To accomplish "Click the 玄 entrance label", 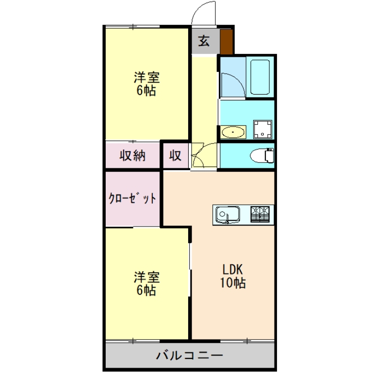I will [204, 42].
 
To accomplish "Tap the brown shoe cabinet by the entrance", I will [226, 42].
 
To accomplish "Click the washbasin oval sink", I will [234, 131].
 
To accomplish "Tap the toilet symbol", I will [263, 155].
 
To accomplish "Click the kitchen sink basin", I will [227, 214].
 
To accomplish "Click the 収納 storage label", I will [132, 156].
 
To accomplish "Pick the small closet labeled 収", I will [175, 156].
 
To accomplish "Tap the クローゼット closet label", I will [132, 198].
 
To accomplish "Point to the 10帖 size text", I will [234, 283].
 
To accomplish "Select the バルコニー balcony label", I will [189, 356].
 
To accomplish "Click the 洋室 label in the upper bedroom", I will [146, 77].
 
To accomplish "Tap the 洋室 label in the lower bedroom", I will [146, 277].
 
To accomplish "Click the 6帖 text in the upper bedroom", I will [146, 91].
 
